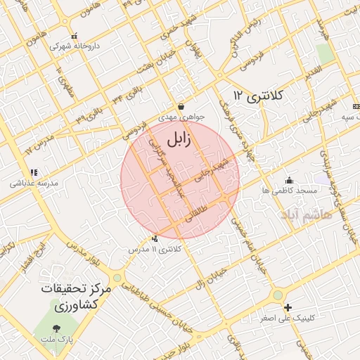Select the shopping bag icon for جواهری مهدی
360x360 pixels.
pyautogui.click(x=181, y=107)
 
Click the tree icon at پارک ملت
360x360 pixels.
pyautogui.click(x=56, y=328)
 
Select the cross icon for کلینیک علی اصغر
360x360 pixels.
pyautogui.click(x=287, y=307)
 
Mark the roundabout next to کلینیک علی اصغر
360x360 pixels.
pyautogui.click(x=278, y=295)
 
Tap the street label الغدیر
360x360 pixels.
pyautogui.click(x=313, y=72)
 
